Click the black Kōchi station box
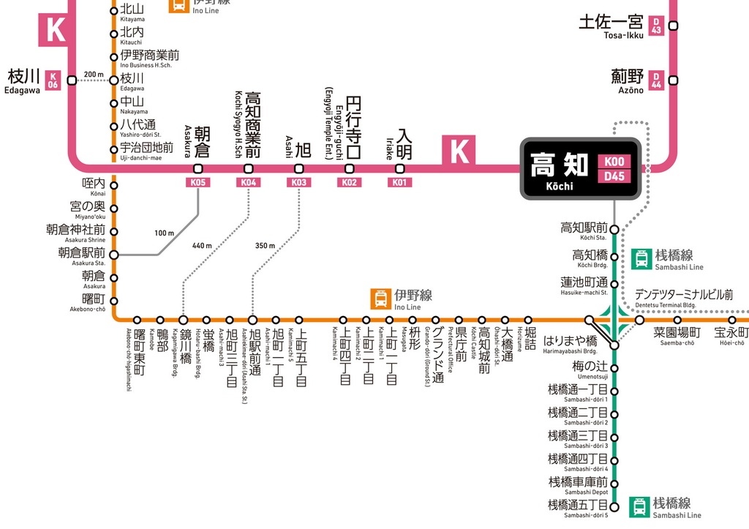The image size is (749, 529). [580, 169]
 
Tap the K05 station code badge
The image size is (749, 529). [198, 183]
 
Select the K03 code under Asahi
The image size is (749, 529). [299, 183]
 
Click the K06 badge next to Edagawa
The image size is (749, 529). [53, 80]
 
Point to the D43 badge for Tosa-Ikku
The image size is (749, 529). [657, 26]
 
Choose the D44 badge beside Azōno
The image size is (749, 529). [657, 80]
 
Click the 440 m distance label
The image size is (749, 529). [202, 245]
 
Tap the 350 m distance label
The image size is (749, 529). [265, 245]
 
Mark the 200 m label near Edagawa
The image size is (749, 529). [94, 74]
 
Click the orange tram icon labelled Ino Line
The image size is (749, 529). [381, 299]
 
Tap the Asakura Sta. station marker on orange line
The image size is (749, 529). [114, 255]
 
